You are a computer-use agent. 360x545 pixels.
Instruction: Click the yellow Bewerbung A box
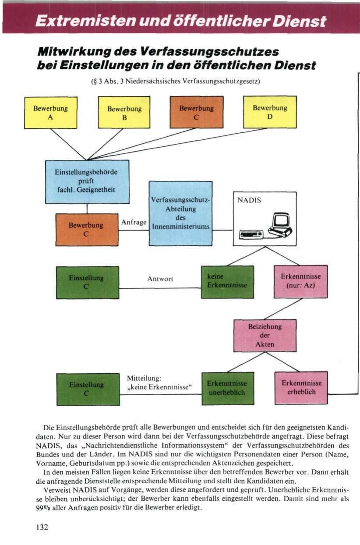click(50, 113)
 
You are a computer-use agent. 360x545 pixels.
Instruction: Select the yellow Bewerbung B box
click(124, 113)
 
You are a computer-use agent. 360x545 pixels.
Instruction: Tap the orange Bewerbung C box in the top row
click(196, 112)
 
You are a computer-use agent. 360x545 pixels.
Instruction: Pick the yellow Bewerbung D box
click(270, 112)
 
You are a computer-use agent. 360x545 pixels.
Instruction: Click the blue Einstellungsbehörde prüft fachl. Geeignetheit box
click(87, 181)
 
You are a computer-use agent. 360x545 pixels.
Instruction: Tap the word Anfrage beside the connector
click(134, 222)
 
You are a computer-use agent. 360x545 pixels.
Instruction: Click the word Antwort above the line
click(160, 279)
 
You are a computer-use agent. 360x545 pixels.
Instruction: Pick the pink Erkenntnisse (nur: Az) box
click(300, 281)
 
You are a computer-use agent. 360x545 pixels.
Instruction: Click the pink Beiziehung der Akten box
click(265, 335)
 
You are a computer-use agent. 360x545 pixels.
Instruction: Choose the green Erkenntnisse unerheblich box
click(227, 388)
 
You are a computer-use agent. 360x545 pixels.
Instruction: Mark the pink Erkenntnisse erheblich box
click(301, 388)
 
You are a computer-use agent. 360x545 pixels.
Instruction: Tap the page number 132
click(42, 527)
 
